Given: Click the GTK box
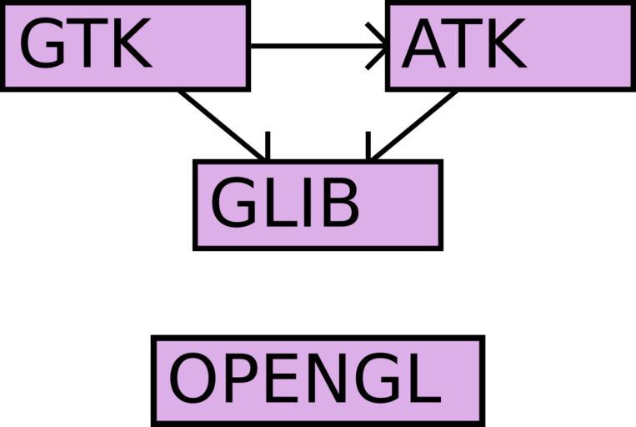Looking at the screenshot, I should pyautogui.click(x=125, y=46).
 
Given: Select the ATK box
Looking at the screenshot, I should pyautogui.click(x=509, y=47).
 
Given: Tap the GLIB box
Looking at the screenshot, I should pyautogui.click(x=318, y=204).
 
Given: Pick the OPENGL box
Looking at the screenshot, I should pyautogui.click(x=318, y=380).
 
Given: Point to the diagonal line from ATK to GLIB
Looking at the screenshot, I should pyautogui.click(x=415, y=123).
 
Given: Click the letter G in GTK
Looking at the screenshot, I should pyautogui.click(x=42, y=44).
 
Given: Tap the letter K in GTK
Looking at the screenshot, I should pyautogui.click(x=129, y=44).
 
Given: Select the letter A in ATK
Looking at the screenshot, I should pyautogui.click(x=425, y=44).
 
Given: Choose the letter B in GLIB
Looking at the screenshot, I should pyautogui.click(x=339, y=203).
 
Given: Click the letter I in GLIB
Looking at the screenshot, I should pyautogui.click(x=305, y=203).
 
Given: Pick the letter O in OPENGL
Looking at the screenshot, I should pyautogui.click(x=193, y=380).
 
